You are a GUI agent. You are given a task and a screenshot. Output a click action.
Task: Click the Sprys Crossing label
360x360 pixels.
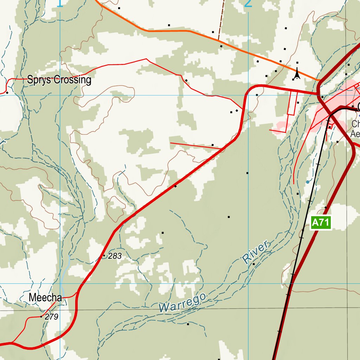(x=59, y=80)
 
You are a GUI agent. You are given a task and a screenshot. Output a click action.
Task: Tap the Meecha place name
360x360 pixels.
(x=45, y=298)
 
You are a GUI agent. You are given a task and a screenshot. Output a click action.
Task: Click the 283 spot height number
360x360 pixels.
(x=115, y=256)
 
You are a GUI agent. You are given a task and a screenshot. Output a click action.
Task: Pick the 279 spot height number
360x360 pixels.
(x=52, y=317)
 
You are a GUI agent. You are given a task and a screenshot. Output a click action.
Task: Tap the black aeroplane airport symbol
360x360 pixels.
(x=297, y=74)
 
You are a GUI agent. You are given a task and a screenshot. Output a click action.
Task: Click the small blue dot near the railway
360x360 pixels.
(x=308, y=182)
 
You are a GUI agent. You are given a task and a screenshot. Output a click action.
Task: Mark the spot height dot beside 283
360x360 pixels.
(x=104, y=256)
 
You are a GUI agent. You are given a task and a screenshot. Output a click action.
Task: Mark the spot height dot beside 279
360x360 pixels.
(x=41, y=317)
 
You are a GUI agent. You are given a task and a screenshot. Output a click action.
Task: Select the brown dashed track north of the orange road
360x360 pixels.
(x=221, y=21)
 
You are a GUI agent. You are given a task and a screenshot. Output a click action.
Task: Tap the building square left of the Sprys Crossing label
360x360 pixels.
(x=7, y=92)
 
